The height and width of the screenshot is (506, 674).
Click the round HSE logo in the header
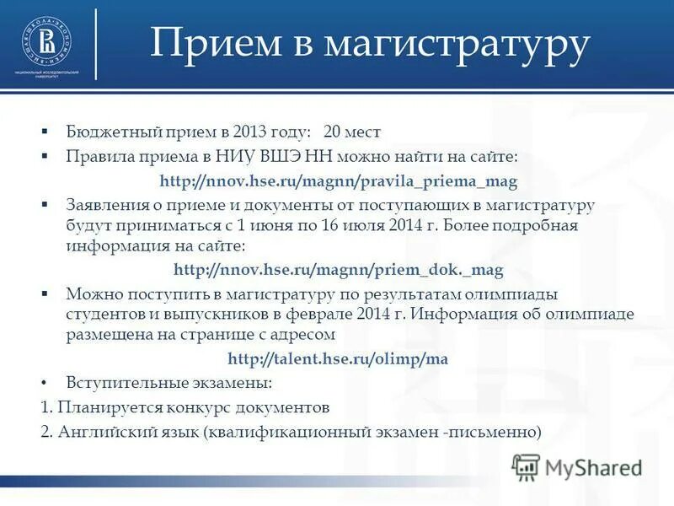[x=46, y=40]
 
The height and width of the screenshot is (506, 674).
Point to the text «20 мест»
[x=352, y=132]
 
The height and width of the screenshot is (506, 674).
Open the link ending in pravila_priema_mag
[x=338, y=181]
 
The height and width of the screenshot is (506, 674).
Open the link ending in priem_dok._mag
[x=338, y=270]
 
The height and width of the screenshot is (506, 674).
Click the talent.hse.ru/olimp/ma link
[x=338, y=358]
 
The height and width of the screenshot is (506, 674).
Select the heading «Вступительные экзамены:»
[x=169, y=383]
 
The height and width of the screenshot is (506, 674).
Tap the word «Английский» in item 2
[x=101, y=432]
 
